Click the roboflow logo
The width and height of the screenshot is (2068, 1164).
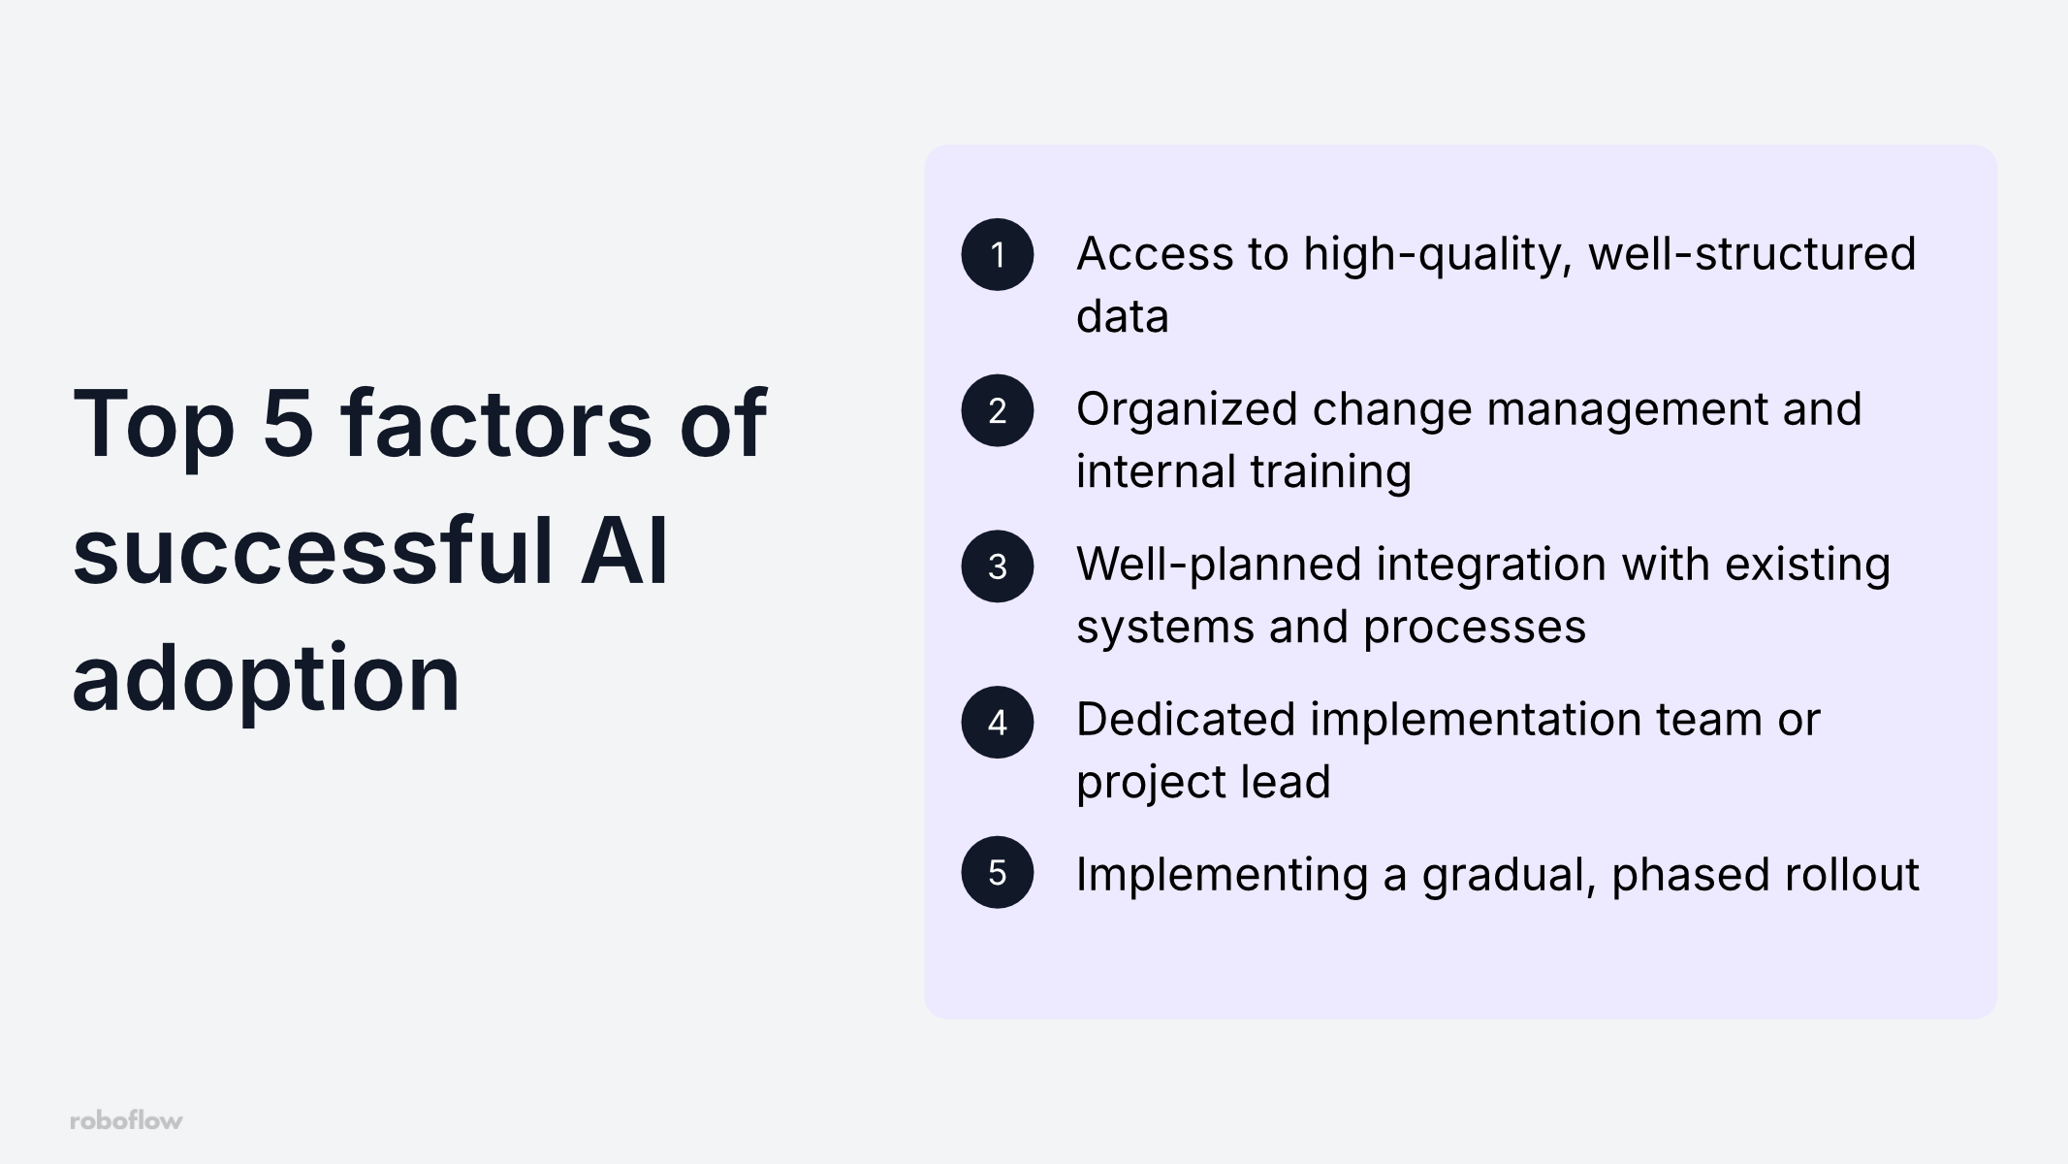(126, 1120)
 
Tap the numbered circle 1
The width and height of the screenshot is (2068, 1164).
(997, 254)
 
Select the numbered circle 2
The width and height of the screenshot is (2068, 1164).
(997, 410)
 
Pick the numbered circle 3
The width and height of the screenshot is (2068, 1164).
(997, 566)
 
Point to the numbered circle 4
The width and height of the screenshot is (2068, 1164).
(997, 723)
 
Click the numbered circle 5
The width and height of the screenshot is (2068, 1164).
(997, 872)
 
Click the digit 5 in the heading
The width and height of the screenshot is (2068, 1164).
(288, 423)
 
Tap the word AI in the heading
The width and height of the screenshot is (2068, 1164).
(623, 551)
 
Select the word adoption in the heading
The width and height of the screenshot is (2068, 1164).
(266, 679)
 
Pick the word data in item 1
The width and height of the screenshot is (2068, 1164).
(1122, 316)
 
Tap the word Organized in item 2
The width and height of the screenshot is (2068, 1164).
(1187, 411)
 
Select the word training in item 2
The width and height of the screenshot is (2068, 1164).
(1330, 473)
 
